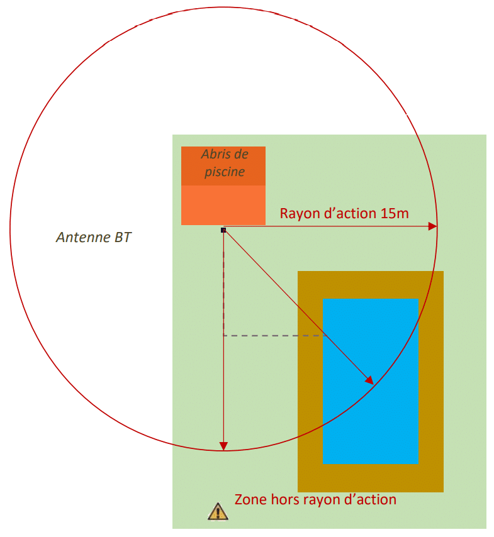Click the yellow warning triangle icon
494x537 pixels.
(218, 512)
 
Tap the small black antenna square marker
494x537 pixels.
(223, 230)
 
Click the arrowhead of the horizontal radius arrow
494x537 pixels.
(432, 226)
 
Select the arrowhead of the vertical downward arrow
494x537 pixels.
(223, 446)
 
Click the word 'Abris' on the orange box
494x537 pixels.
(215, 155)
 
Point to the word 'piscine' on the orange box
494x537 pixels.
(225, 172)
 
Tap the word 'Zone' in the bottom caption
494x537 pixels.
(250, 500)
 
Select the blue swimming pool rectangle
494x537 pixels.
(371, 381)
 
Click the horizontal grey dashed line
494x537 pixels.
(274, 336)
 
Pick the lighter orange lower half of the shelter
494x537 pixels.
(223, 205)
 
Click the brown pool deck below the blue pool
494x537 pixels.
(371, 478)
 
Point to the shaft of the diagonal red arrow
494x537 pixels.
(298, 306)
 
